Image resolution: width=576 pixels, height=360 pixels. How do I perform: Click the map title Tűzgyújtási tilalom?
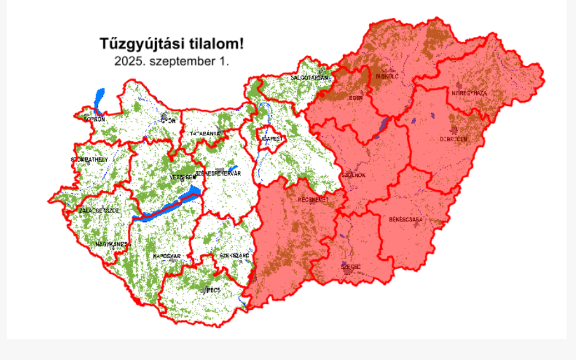pos(171,44)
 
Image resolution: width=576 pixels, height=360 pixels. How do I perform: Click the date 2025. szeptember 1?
pos(171,62)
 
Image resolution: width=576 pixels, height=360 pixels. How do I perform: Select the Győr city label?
pos(168,120)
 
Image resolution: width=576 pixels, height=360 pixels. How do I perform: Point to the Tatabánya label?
pos(205,134)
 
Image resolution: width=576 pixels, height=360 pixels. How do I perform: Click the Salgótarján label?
pos(309,78)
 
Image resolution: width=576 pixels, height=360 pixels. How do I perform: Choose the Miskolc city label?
pos(387,76)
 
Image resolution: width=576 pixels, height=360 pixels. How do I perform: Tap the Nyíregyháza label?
pos(469,93)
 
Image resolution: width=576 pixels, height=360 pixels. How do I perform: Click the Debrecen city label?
pos(453,139)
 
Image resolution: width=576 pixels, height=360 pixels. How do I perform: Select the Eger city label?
pos(355,99)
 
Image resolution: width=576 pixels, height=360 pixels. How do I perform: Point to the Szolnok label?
pos(353,175)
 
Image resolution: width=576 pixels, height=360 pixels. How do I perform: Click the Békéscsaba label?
pos(406,219)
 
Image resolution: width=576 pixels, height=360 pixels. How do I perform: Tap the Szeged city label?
pos(351,267)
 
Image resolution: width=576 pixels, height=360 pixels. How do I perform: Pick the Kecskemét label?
pos(313,199)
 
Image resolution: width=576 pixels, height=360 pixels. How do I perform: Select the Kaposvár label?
pos(167,256)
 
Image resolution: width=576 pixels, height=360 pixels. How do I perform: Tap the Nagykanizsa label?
pos(112,244)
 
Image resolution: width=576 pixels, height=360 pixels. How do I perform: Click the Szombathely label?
pos(90,160)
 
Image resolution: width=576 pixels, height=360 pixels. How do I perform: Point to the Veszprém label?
pos(181,177)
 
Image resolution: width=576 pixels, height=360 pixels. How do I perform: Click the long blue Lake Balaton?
pos(167,206)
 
